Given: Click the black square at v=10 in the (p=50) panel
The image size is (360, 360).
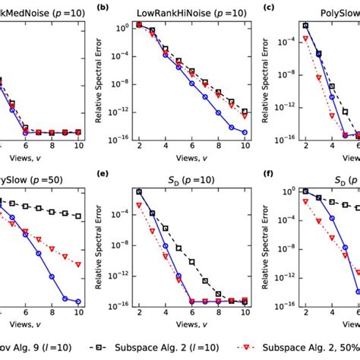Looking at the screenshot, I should click(x=77, y=216).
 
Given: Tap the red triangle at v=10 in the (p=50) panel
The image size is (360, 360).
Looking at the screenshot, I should click(x=77, y=265).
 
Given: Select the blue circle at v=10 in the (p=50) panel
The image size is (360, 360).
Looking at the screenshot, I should click(x=77, y=301).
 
